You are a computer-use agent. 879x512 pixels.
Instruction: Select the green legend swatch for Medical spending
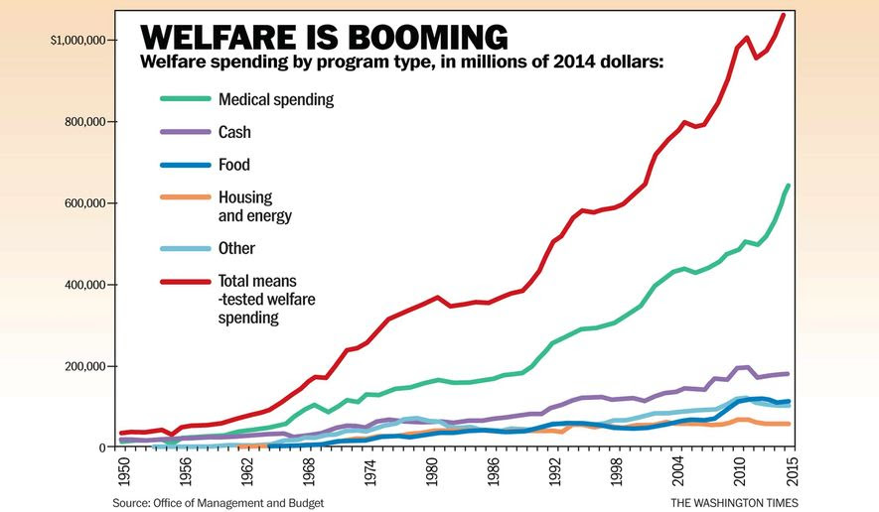[x=186, y=99]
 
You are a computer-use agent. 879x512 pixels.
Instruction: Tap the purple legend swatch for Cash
[x=186, y=132]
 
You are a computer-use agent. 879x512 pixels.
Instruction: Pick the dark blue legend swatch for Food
[x=186, y=165]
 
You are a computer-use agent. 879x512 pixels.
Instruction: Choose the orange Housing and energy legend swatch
[x=186, y=198]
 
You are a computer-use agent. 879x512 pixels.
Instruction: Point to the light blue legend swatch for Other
[x=186, y=248]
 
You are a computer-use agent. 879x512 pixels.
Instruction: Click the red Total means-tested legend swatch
[x=186, y=282]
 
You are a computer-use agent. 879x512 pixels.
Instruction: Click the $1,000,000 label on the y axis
[x=76, y=41]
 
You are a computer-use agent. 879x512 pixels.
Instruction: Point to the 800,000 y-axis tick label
[x=84, y=122]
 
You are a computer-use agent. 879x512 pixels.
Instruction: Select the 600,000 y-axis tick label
[x=84, y=203]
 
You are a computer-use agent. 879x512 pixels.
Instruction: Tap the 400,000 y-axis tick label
[x=84, y=285]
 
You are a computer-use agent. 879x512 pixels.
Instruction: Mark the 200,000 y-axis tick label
[x=84, y=366]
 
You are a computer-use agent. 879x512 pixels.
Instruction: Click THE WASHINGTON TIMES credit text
[x=735, y=503]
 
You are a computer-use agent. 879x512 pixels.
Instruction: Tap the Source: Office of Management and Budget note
[x=218, y=503]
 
